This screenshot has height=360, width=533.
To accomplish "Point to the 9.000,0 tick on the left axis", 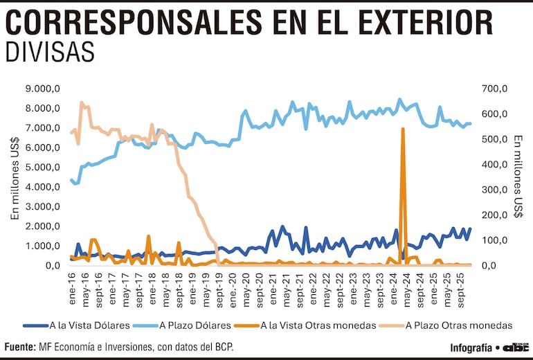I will pos(43,89).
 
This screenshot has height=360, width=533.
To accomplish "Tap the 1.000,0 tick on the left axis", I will pos(43,246).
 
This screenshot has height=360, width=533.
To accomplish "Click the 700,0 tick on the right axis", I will pos(495,89).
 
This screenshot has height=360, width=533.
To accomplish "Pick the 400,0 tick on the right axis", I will pos(495,164).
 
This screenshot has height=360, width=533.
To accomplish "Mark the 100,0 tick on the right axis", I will pos(495,240).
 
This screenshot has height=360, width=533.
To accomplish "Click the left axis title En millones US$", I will pos(15,177).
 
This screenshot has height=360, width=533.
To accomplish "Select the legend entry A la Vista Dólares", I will pos(89,325).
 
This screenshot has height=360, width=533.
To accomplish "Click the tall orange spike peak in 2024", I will pos(403,129).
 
